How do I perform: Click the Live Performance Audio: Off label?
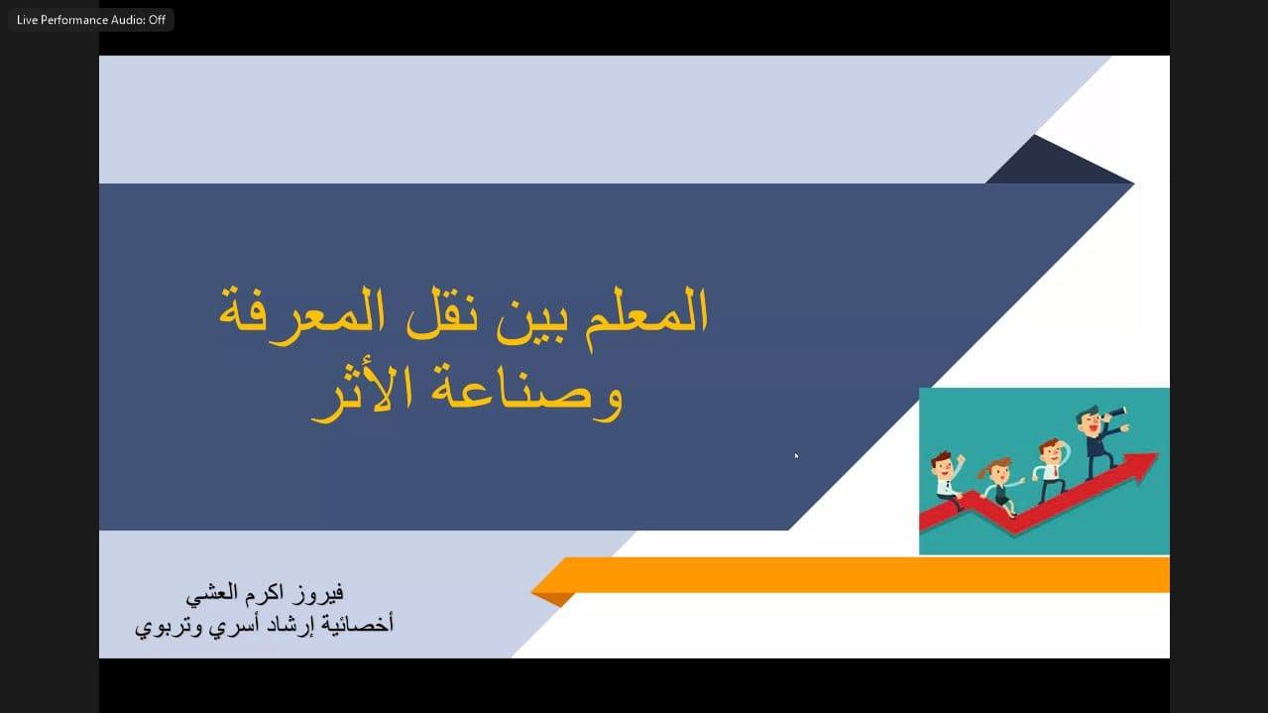(x=91, y=20)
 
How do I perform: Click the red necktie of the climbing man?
(x=1055, y=472)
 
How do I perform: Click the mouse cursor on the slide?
(x=796, y=456)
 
